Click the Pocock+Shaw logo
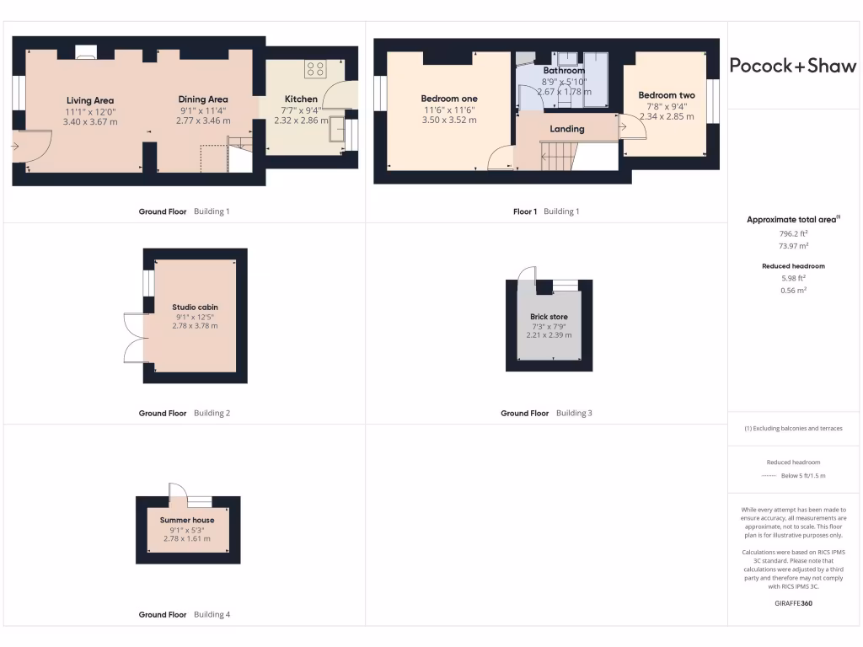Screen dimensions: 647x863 (792, 66)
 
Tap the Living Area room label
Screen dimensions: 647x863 (90, 101)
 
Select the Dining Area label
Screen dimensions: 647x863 (203, 99)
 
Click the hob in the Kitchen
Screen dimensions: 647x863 (316, 69)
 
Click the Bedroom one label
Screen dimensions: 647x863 (449, 99)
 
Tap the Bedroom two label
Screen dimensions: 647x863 (666, 95)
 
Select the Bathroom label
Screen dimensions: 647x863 (564, 71)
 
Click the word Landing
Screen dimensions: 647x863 (567, 129)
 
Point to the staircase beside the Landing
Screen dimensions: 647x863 (557, 153)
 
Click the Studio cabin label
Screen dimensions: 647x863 (195, 307)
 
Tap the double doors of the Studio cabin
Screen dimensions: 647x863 (134, 338)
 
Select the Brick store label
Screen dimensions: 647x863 (549, 317)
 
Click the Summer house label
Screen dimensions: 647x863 (187, 521)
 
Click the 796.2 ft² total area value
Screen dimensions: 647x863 (792, 234)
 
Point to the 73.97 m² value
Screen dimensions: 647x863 (792, 246)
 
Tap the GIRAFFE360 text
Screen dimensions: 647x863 (793, 603)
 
